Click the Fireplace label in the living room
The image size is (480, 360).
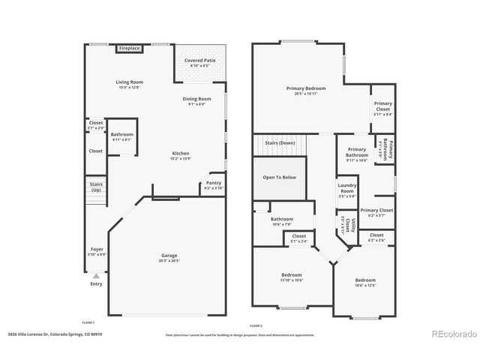(130, 49)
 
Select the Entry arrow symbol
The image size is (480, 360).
(96, 276)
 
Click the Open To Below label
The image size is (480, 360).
(279, 178)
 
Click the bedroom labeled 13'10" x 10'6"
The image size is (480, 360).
(292, 277)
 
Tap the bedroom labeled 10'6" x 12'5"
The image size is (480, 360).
(365, 282)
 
